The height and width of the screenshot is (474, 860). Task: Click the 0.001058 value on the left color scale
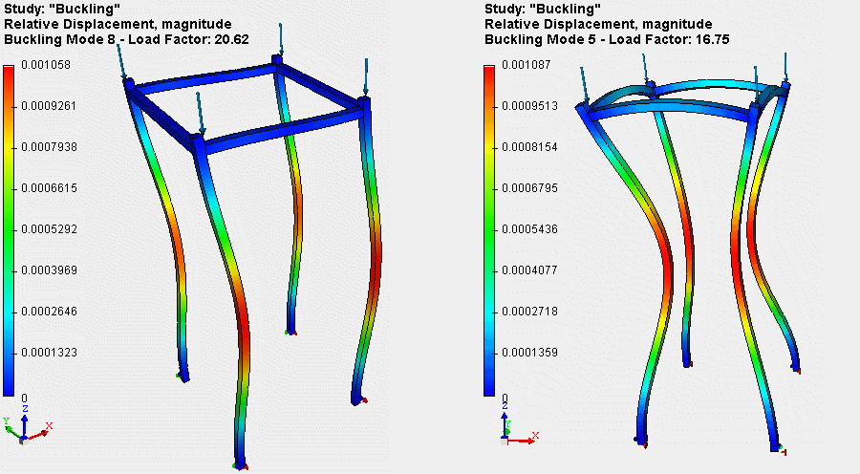point(46,65)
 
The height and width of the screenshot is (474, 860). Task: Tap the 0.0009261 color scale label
point(49,106)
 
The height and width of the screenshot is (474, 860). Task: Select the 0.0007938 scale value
point(49,147)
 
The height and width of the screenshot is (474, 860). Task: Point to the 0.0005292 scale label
point(49,229)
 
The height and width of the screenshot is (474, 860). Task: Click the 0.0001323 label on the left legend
point(49,353)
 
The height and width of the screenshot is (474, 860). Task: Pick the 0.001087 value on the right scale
point(527,65)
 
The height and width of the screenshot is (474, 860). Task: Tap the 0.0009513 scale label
point(529,106)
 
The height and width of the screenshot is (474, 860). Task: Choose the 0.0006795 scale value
point(529,188)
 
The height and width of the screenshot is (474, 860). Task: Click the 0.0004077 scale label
point(529,270)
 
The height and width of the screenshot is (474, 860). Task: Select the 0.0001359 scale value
point(529,353)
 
